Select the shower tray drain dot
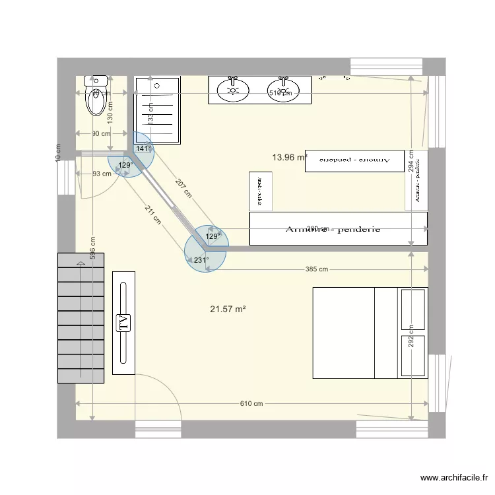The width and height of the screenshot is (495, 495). coord(157,85)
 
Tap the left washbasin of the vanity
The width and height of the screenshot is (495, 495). coord(232,90)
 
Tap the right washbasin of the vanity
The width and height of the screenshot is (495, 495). coord(284,90)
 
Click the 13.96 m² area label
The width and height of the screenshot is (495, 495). coord(290,157)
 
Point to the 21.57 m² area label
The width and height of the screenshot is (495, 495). coord(228,309)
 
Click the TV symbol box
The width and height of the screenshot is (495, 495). coord(123,323)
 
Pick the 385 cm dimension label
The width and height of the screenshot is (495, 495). coord(317,269)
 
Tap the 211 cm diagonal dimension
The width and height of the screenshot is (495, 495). coord(152,216)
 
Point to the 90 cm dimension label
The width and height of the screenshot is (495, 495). coord(101,134)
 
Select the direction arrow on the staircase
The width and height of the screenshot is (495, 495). coord(81,264)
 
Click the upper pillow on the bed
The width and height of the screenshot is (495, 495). coord(413,308)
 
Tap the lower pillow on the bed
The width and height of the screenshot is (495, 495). coord(413,356)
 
